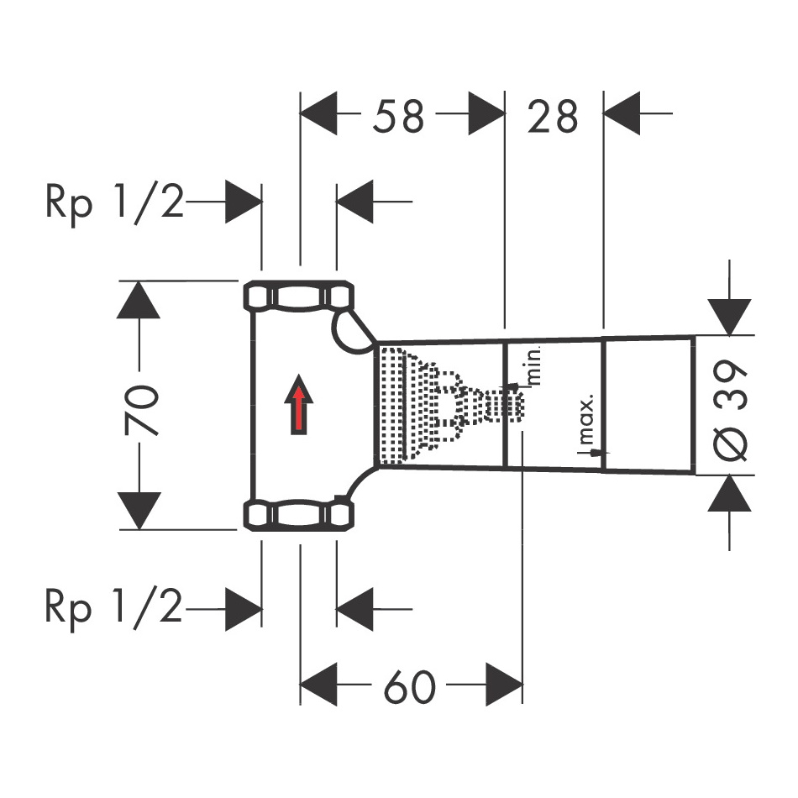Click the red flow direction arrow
coord(299,405)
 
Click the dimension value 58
coord(398,116)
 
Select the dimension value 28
coord(553,116)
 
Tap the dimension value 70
coord(141,410)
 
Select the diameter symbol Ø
coord(730,444)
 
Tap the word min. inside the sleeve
coord(533,365)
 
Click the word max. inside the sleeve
coord(586,418)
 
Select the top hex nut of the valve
coord(299,296)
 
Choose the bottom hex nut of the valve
coord(299,516)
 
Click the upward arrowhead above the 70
coord(139,300)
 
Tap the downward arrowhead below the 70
coord(139,511)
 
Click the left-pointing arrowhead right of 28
coord(622,113)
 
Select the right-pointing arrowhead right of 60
coord(504,684)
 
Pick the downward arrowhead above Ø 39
coord(729,317)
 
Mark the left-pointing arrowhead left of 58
coord(318,113)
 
